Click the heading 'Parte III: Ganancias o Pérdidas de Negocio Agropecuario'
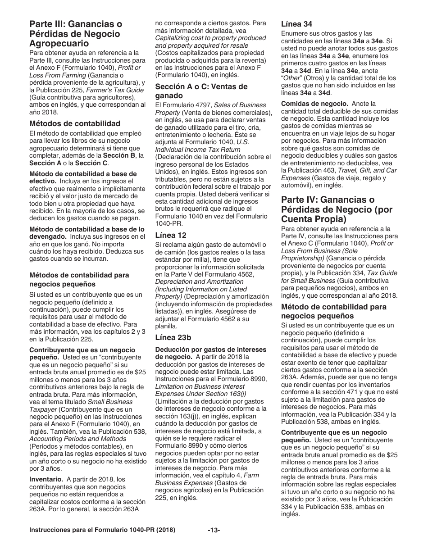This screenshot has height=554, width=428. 76,34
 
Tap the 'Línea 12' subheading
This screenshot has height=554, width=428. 171,235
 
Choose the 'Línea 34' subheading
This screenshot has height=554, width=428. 296,24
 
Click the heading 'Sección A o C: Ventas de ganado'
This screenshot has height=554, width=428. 201,91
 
